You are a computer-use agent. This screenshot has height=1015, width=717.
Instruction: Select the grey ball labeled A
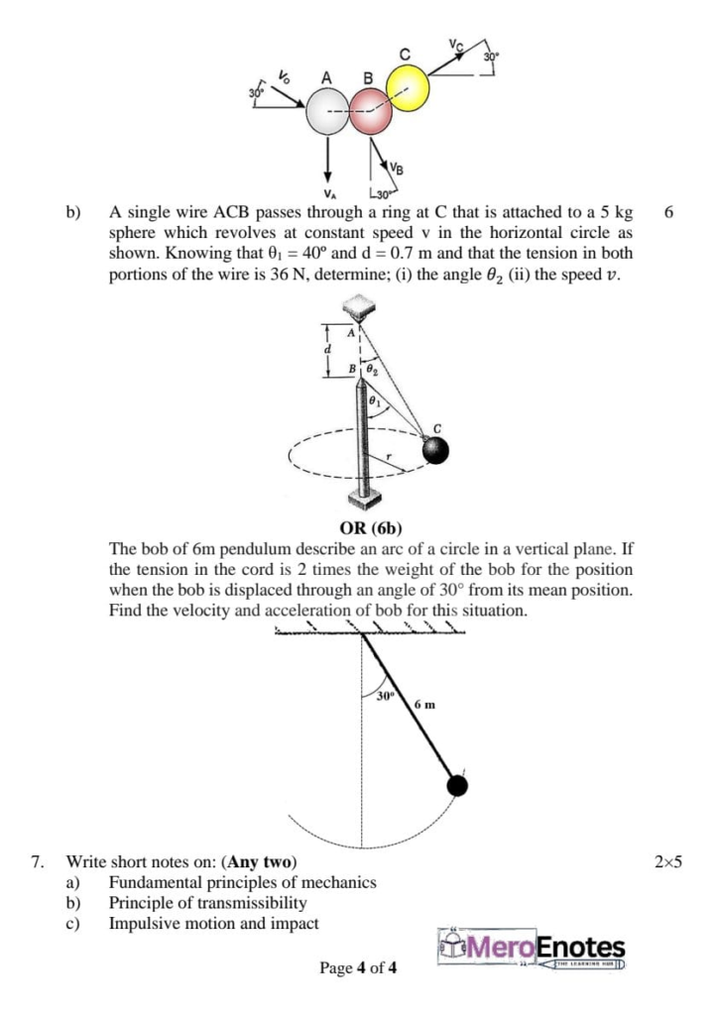(x=327, y=113)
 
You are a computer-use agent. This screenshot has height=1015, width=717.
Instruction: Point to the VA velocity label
(x=327, y=193)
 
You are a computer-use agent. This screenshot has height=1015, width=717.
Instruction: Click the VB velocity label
(x=397, y=168)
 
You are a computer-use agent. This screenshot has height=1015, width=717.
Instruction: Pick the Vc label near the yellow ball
(x=454, y=45)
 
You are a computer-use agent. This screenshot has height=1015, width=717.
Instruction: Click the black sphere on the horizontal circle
(x=435, y=450)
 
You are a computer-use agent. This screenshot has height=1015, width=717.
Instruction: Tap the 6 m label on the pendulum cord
(x=424, y=705)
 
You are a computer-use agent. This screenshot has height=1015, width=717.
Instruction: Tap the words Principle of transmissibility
(x=207, y=902)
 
